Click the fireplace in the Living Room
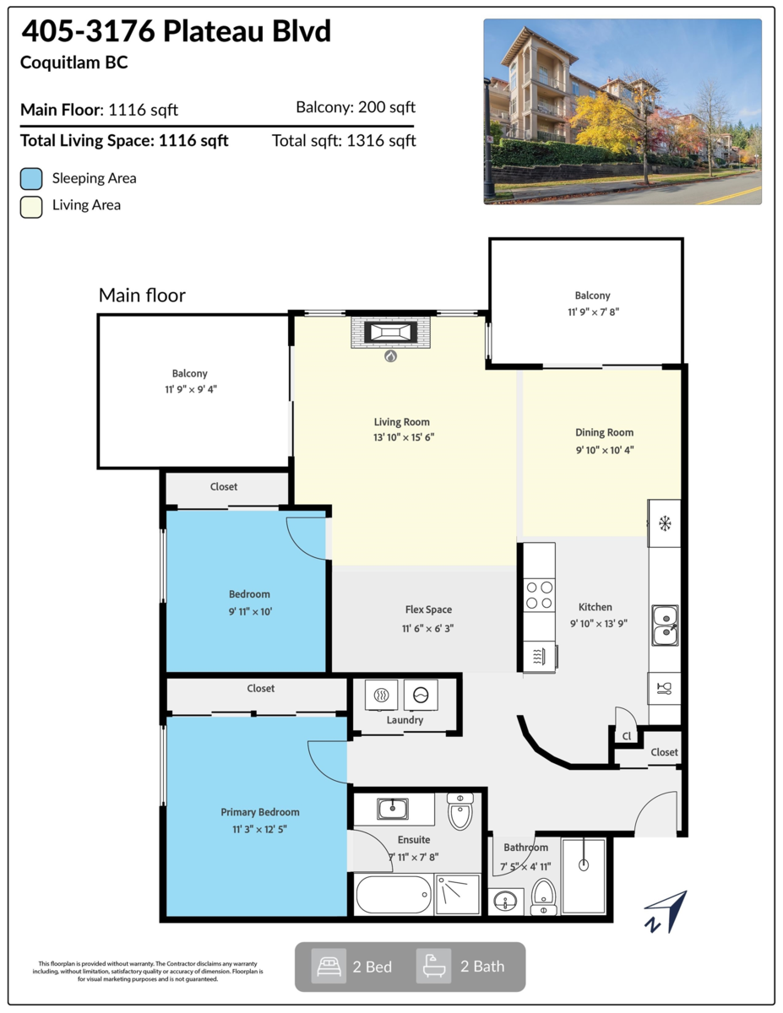391,332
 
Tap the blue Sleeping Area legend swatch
31,179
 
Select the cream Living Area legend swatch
31,206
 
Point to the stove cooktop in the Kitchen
540,595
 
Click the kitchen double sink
665,624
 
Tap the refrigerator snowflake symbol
665,524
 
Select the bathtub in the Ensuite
394,895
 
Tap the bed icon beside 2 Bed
328,967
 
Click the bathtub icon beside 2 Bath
433,967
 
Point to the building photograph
623,111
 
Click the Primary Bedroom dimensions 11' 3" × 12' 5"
260,829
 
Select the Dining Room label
604,432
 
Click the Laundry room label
405,720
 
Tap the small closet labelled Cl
626,736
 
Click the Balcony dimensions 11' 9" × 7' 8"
592,311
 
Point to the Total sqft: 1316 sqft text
344,141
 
